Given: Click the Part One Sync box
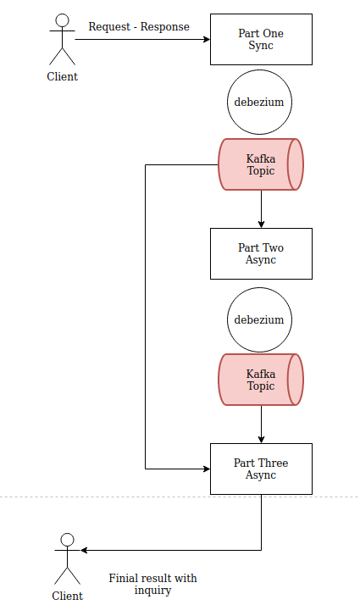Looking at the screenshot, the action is [x=261, y=39].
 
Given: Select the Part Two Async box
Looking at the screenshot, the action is [x=261, y=254].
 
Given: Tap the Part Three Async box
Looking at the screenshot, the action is [x=261, y=469].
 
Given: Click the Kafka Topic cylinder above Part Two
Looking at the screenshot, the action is [x=261, y=164].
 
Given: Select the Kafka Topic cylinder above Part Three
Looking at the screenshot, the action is [x=261, y=380].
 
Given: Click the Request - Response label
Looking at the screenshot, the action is [x=139, y=27].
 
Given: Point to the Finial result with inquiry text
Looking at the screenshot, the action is [x=152, y=584].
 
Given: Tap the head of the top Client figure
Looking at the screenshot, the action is [x=63, y=20].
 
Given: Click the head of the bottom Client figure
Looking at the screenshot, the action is [x=68, y=540].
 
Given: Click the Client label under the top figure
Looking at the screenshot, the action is [x=63, y=76].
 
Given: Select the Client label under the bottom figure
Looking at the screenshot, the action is [x=68, y=596].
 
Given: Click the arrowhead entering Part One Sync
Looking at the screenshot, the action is [x=207, y=39].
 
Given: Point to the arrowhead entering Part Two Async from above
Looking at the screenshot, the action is [x=261, y=225].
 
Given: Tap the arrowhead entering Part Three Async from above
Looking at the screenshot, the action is [x=261, y=439].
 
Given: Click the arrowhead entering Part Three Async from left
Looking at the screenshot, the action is [x=207, y=469].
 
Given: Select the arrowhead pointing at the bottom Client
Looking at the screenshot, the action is [x=85, y=551].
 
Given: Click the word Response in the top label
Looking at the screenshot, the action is [x=165, y=27].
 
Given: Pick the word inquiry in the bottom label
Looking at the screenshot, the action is [x=152, y=591].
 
